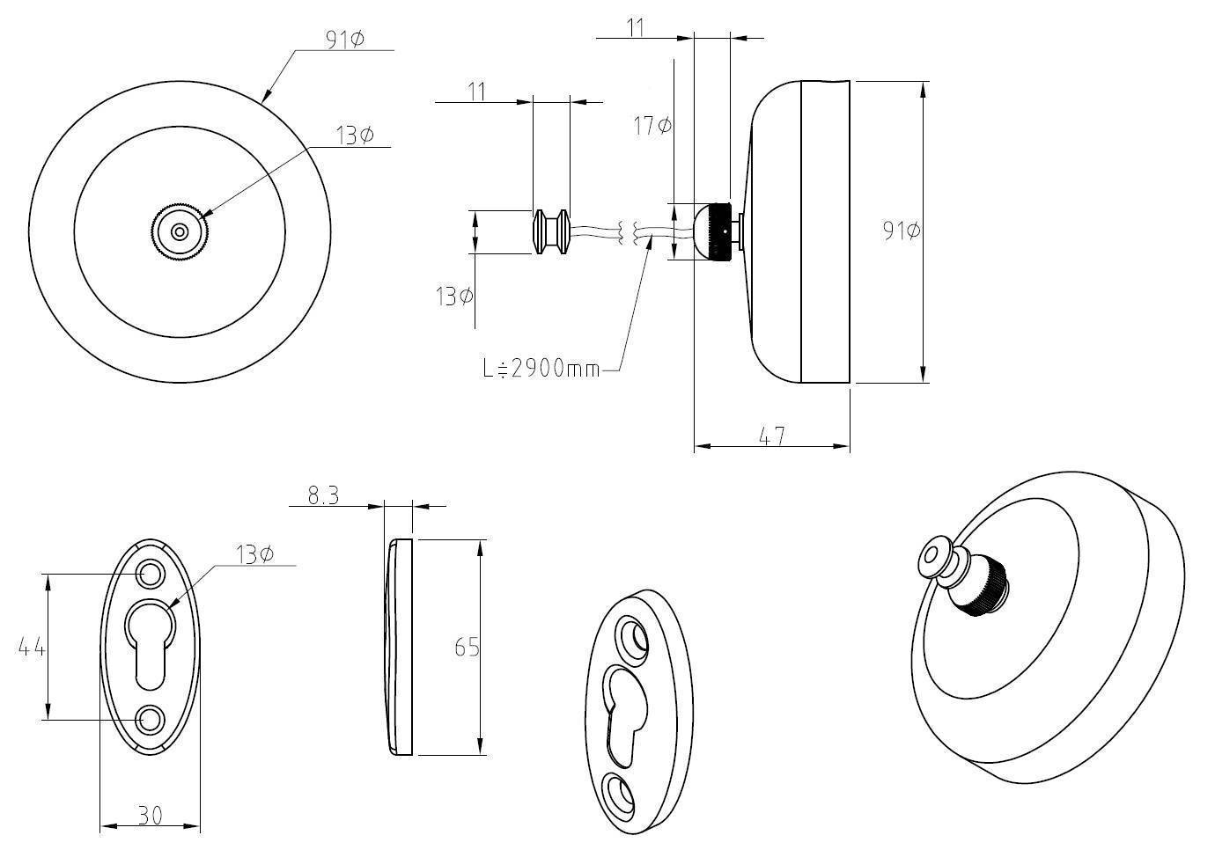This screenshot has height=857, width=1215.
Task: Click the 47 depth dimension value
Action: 771,435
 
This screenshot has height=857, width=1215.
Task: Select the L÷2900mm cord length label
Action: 541,369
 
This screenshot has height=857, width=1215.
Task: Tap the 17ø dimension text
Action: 652,126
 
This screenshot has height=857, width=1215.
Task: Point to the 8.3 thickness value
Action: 323,496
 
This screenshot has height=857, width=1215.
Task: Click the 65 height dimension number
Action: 467,648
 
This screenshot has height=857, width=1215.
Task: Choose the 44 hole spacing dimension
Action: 32,648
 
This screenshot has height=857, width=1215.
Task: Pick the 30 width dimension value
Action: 151,816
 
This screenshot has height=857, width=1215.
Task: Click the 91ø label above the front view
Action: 344,40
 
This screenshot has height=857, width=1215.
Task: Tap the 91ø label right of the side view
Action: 902,231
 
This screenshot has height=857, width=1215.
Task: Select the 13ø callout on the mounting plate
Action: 254,554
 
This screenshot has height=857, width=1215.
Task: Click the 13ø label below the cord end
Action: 454,297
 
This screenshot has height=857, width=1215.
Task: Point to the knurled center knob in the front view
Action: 180,232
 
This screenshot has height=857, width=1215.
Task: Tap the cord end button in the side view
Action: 551,231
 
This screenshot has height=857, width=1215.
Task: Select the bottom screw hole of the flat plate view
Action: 150,718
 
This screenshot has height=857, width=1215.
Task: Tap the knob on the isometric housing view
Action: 964,575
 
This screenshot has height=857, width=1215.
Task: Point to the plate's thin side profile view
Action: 400,647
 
